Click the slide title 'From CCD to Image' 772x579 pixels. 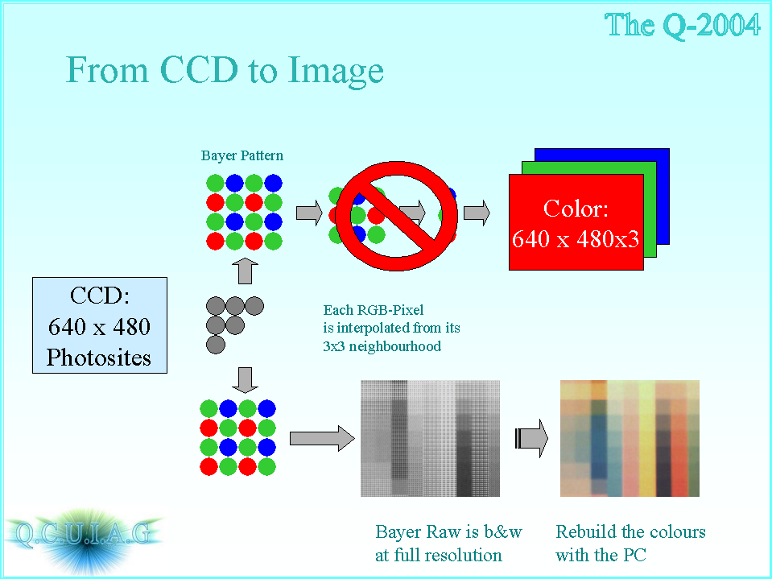225,70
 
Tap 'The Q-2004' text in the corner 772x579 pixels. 683,25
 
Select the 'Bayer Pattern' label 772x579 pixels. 242,155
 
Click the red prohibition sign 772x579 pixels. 396,216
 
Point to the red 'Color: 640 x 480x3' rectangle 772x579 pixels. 576,222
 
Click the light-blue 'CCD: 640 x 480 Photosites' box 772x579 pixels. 100,325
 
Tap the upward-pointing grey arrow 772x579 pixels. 245,271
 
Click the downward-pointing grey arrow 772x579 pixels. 245,380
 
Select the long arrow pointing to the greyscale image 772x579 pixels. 322,438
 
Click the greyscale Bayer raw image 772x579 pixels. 431,438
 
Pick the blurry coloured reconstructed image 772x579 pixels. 630,438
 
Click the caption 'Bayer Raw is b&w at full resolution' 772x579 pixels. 448,543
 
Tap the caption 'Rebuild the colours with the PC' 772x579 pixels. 630,543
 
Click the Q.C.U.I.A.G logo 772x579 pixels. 83,535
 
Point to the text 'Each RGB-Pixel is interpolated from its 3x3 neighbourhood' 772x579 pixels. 391,328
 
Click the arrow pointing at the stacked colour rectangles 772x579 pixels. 477,213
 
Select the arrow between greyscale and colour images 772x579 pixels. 532,438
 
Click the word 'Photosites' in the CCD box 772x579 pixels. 99,358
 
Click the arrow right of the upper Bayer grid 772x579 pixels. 309,213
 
